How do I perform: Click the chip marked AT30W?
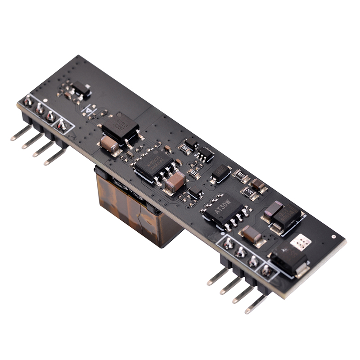coord(224,209)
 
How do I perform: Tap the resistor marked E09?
coord(194,172)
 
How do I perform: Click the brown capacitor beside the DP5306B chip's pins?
coord(175,181)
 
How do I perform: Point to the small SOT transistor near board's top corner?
coord(81,90)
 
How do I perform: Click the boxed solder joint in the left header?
coord(62,124)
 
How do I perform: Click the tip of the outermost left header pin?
coord(13,139)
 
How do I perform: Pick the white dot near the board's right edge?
coord(333,236)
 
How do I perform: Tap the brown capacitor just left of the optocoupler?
coord(109,144)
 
